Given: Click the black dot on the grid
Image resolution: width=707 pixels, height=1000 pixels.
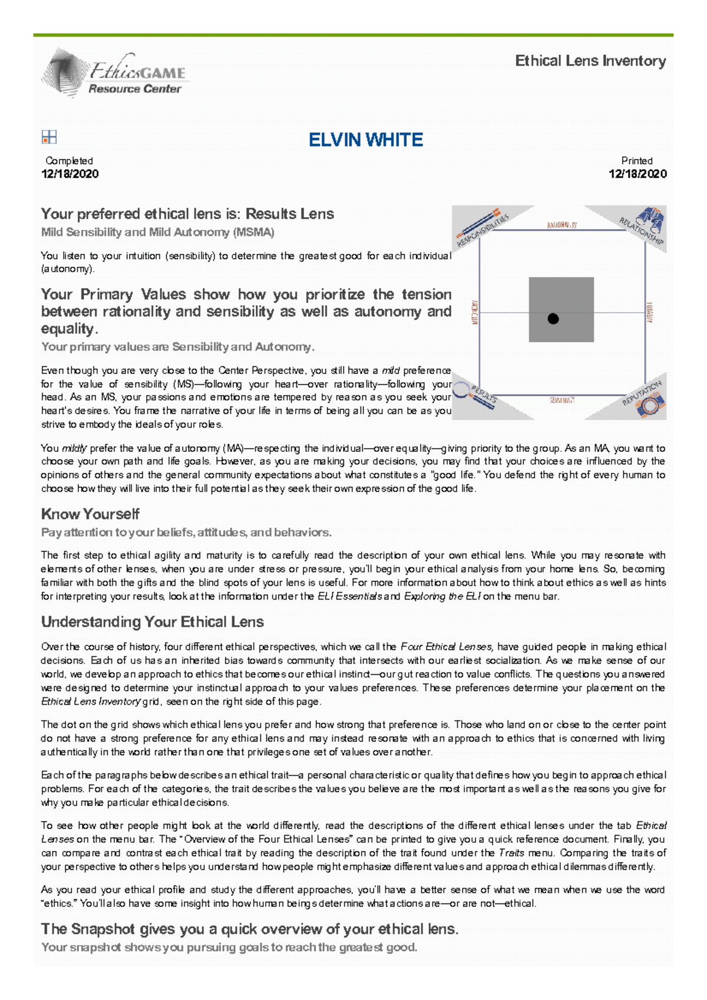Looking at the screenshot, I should (553, 319).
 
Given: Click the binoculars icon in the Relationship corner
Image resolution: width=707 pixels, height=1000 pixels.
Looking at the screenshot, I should (652, 218).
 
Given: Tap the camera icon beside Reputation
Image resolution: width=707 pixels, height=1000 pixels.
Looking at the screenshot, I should (650, 406).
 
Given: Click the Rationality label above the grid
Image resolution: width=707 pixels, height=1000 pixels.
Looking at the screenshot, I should (561, 225).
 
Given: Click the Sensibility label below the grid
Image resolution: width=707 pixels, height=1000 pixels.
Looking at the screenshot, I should (561, 400).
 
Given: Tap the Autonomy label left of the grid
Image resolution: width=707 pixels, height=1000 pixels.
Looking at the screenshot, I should (475, 312).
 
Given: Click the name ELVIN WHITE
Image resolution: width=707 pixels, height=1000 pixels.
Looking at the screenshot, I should (366, 140).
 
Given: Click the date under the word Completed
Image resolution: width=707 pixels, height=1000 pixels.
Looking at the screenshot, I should (70, 174).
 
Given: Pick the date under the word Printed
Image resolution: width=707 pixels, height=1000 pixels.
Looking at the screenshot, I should (637, 174).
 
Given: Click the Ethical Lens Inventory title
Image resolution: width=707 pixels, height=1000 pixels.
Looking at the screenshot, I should (590, 61).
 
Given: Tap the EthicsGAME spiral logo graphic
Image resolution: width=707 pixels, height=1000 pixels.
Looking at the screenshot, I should (62, 73).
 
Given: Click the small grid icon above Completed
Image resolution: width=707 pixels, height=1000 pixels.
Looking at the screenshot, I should (49, 137).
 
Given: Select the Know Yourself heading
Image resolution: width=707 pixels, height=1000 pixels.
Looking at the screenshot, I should (90, 514).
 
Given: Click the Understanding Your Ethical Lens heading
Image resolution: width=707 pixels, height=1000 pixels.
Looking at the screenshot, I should (152, 622).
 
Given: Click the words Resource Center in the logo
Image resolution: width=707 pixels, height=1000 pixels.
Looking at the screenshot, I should (134, 89).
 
